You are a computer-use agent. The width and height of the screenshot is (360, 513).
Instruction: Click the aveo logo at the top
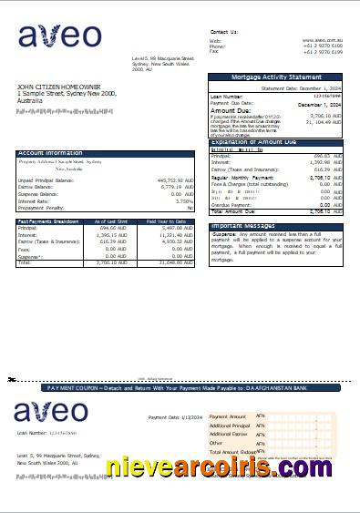click(x=60, y=37)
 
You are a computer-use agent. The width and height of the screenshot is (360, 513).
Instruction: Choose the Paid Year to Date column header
click(x=169, y=221)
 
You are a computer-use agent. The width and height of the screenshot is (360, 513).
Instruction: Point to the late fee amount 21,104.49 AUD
click(x=322, y=121)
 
